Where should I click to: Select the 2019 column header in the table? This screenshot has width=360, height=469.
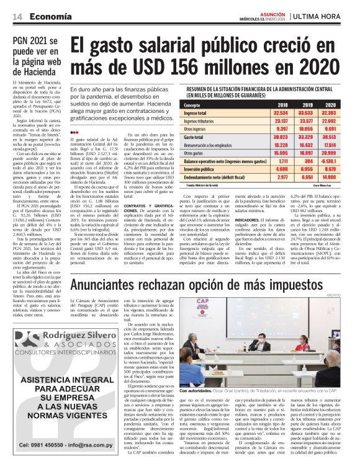point(305,105)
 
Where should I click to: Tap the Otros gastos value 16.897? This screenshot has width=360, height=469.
point(305,152)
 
